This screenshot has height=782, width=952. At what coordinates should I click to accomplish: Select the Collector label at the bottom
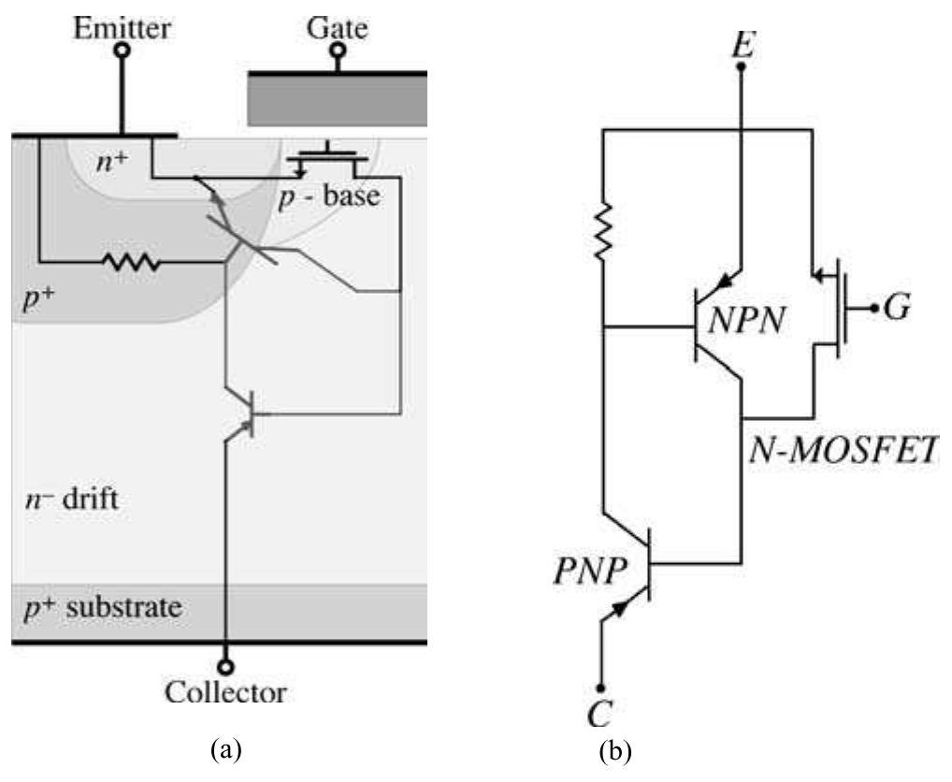225,693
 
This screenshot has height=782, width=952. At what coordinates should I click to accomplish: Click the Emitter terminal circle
122,51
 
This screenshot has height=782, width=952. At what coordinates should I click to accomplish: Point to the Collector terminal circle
225,667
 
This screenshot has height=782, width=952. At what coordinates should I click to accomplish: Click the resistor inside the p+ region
134,263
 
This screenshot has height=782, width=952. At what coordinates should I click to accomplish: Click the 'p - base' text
332,198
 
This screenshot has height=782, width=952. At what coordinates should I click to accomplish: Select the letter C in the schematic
600,715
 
